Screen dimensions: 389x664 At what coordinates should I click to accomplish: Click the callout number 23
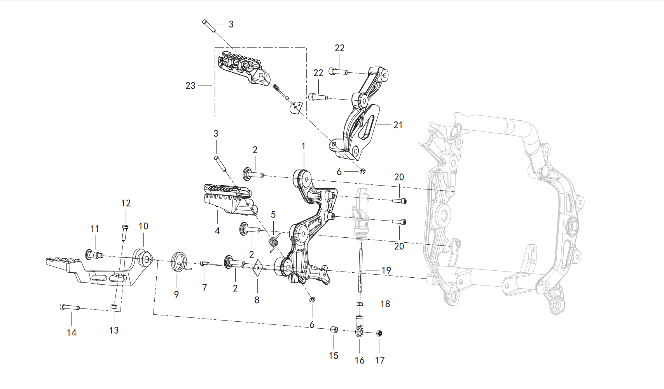(x=190, y=86)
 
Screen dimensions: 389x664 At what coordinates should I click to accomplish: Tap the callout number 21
(x=398, y=125)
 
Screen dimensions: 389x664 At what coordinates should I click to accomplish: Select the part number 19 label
(x=386, y=270)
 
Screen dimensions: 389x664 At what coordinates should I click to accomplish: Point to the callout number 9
(x=176, y=294)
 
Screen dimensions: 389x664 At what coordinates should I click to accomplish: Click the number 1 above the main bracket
(x=303, y=146)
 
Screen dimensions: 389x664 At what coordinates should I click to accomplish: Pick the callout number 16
(x=360, y=360)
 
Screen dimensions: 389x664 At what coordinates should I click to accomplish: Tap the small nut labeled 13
(x=114, y=307)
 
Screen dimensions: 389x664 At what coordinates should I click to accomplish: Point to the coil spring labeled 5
(x=274, y=241)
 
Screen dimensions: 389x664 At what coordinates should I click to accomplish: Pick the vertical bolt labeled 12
(x=124, y=232)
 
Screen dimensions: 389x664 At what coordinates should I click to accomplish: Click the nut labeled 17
(x=380, y=333)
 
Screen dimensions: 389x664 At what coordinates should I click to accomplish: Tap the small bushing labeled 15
(x=334, y=330)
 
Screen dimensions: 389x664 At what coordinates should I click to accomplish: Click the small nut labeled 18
(x=360, y=304)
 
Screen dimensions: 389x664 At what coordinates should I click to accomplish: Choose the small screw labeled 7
(x=204, y=264)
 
